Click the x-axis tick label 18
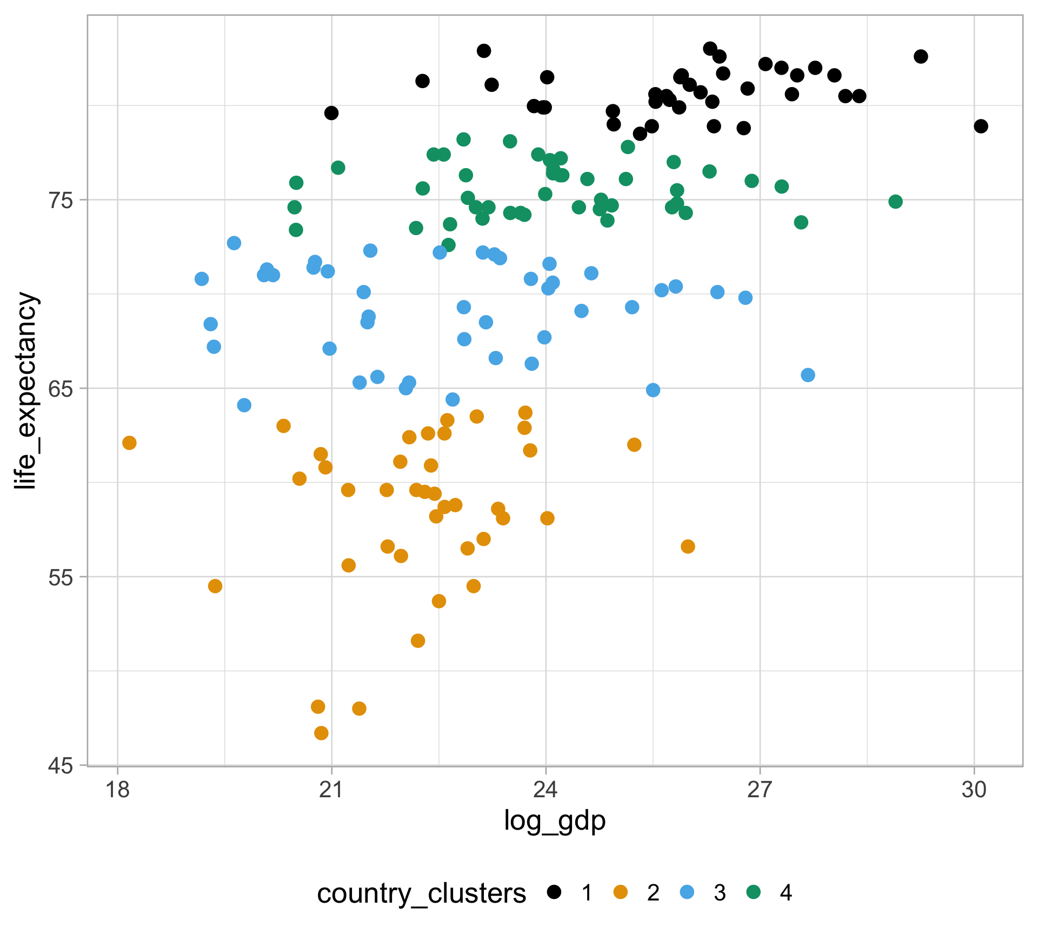pos(117,790)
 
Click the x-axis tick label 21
pos(331,790)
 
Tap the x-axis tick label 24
pos(545,790)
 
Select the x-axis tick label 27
pos(760,790)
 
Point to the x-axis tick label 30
pos(974,790)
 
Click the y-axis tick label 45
pos(61,765)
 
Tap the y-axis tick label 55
pos(61,577)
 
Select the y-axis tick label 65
pos(61,388)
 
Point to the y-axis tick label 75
pos(61,200)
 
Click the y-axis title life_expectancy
pos(26,390)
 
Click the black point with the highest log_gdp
pos(981,126)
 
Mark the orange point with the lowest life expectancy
pos(321,733)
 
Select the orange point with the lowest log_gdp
pos(129,443)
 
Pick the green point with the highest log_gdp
pos(895,202)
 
